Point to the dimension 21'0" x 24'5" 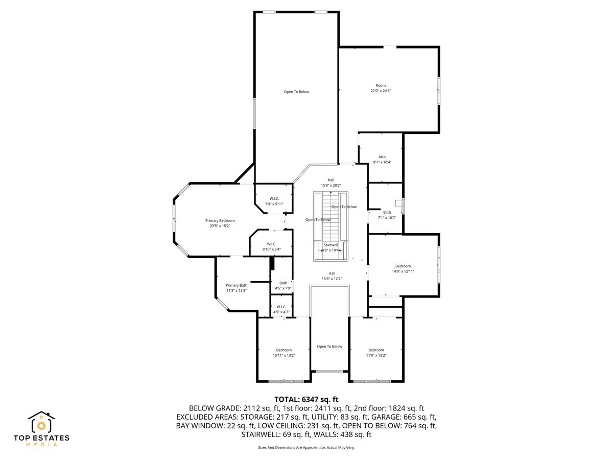(381, 90)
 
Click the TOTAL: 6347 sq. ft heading (306, 399)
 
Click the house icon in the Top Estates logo (41, 423)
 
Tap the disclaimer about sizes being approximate (306, 447)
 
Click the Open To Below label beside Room (296, 91)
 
